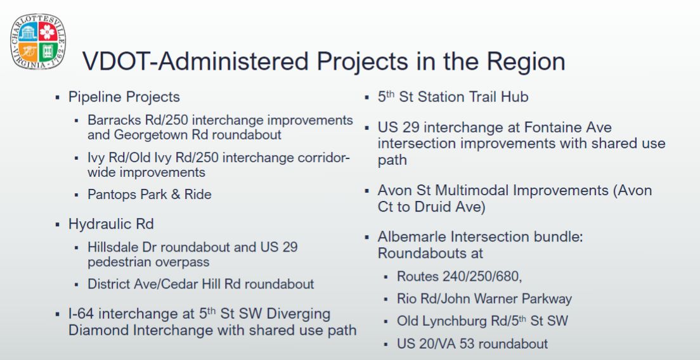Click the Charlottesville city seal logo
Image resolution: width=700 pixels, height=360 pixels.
click(38, 41)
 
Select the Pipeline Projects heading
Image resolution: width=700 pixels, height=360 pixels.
click(124, 97)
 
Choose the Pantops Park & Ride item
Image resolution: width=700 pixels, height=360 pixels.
click(150, 195)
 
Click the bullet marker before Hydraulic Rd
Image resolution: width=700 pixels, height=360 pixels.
click(57, 224)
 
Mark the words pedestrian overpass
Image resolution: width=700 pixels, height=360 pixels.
click(148, 262)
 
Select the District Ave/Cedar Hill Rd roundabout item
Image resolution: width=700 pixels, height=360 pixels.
click(201, 284)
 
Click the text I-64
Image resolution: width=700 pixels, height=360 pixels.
click(84, 314)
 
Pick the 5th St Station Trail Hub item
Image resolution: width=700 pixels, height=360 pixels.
click(453, 97)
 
